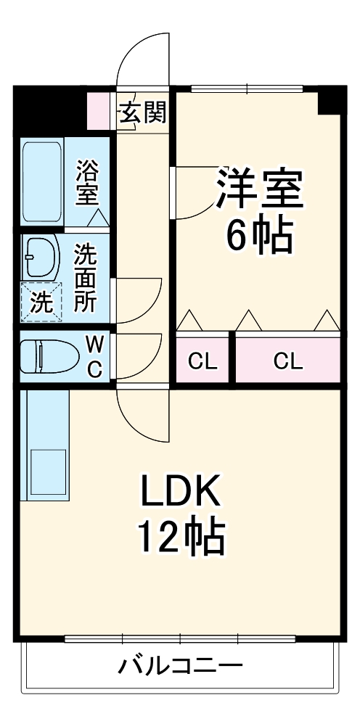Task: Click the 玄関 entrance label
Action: point(143,112)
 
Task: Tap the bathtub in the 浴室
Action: point(43,181)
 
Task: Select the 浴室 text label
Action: point(87,182)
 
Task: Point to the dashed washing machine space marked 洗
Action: point(41,301)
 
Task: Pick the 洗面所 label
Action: point(86,278)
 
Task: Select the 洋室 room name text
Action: point(259,189)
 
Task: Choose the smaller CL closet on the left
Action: point(202,360)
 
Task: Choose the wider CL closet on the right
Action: point(288,360)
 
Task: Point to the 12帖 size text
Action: point(181,538)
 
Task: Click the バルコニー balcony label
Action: point(180,666)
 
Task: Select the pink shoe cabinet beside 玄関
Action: point(99,111)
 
